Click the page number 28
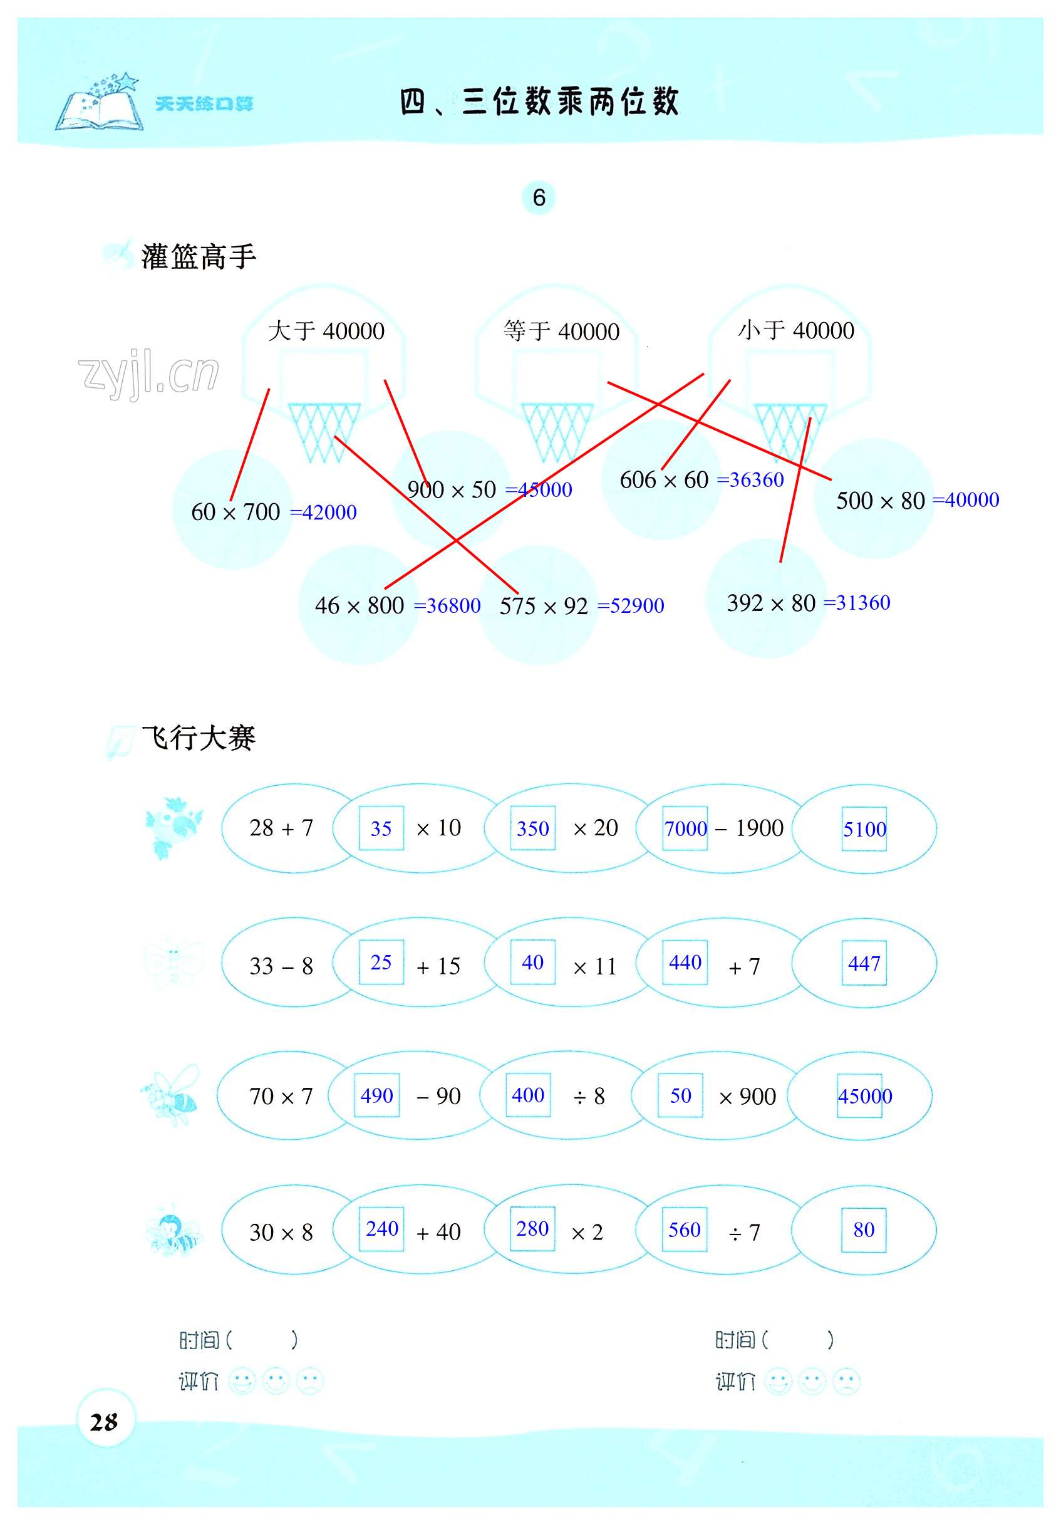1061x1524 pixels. point(104,1422)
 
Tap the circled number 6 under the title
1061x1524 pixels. point(539,198)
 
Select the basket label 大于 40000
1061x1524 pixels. point(326,330)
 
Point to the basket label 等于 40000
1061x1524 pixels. point(561,330)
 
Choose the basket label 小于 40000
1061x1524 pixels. point(795,330)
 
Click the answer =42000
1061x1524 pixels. point(324,513)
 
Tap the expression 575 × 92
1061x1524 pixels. point(544,606)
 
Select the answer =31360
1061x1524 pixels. point(857,603)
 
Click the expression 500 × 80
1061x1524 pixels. point(880,501)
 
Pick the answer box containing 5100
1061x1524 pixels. point(864,828)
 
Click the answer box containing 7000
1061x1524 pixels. point(685,828)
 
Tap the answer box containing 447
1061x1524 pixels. point(863,963)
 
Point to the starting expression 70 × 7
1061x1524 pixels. point(281,1096)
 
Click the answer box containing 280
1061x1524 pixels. point(532,1229)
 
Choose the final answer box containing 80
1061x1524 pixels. point(863,1230)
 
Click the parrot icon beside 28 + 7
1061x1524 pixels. point(172,827)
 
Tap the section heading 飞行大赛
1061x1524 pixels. point(198,738)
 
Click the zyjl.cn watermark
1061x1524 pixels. point(148,373)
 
